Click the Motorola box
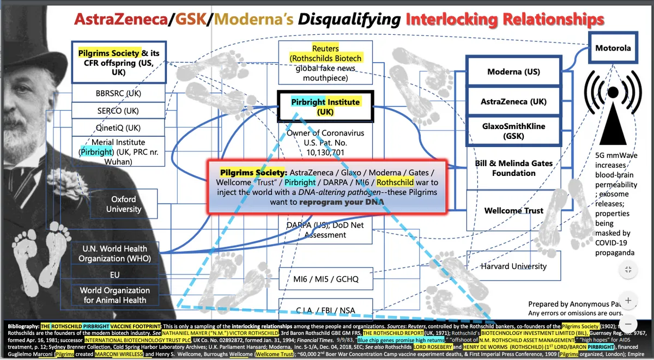[x=613, y=48]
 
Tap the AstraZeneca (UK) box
[x=513, y=102]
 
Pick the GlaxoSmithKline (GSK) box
[x=513, y=131]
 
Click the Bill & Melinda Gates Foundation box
[x=513, y=168]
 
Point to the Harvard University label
[x=513, y=266]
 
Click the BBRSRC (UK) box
[x=118, y=93]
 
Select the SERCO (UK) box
[x=118, y=111]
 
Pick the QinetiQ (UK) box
[x=118, y=128]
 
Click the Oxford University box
[x=124, y=204]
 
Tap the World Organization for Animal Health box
[x=115, y=295]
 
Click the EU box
[x=114, y=275]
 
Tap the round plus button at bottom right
[x=628, y=300]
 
